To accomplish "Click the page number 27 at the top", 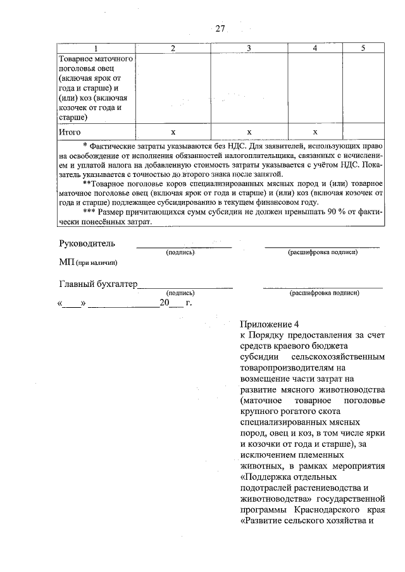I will click(x=220, y=28).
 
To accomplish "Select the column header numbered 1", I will click(x=96, y=49).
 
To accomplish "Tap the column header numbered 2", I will click(x=173, y=49).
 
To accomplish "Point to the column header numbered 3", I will click(x=249, y=49).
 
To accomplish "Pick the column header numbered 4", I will click(x=315, y=49).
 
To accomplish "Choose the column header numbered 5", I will click(x=363, y=49).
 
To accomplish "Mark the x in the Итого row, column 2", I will click(x=173, y=132).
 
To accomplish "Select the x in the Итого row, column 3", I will click(x=249, y=132).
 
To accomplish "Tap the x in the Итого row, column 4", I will click(x=315, y=132).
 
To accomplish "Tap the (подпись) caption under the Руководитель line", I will click(x=180, y=252).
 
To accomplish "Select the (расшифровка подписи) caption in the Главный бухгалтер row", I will click(x=324, y=293).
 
